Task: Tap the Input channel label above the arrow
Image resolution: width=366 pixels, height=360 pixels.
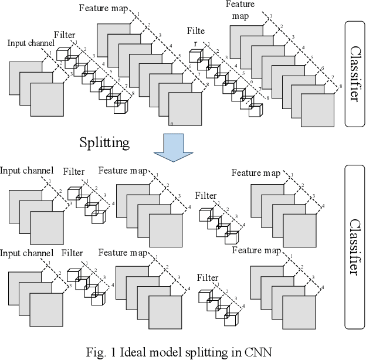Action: tap(31, 43)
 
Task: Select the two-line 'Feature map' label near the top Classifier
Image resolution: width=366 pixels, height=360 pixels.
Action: tap(239, 11)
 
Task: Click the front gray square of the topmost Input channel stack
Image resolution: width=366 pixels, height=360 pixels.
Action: tap(46, 101)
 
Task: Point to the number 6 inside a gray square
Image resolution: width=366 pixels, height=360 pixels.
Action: tap(171, 124)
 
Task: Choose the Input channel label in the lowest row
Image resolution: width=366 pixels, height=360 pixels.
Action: tap(27, 253)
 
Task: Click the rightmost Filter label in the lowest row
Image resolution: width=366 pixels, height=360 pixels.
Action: tap(207, 277)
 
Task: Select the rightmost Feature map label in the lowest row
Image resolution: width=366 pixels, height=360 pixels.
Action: tap(256, 250)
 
